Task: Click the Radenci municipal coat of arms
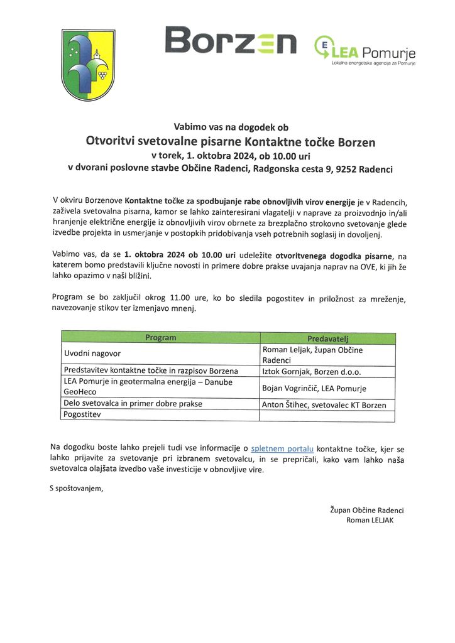[x=87, y=65]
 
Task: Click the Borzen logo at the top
[x=230, y=42]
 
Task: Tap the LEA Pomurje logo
[x=364, y=50]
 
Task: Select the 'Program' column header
[x=161, y=338]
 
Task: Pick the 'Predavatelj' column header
[x=327, y=338]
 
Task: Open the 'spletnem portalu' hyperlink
[x=282, y=448]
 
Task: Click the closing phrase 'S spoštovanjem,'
[x=75, y=487]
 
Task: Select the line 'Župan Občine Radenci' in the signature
[x=366, y=510]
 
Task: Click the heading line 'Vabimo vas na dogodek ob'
[x=230, y=127]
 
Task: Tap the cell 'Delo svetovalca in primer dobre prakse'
[x=133, y=404]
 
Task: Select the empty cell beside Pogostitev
[x=327, y=416]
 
